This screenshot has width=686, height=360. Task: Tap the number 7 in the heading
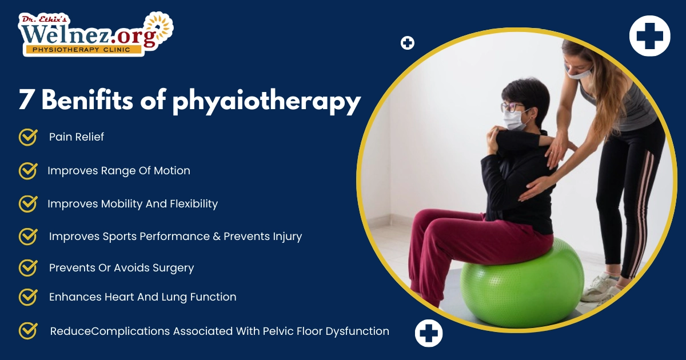click(x=26, y=101)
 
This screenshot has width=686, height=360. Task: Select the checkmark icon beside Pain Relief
click(x=28, y=137)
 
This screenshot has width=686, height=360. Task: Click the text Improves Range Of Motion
click(x=119, y=171)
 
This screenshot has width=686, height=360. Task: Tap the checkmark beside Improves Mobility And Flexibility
click(x=28, y=203)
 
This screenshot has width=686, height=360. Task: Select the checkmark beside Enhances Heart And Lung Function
click(x=28, y=297)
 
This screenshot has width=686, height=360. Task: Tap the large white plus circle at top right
click(x=649, y=35)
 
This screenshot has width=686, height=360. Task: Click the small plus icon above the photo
click(x=408, y=43)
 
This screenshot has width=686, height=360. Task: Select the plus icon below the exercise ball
click(x=429, y=333)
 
